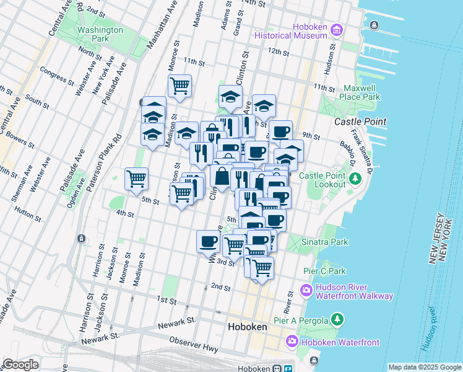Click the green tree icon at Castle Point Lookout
[x=355, y=180]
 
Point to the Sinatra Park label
[x=325, y=242]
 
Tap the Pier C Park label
[x=324, y=271]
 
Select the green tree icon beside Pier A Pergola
[x=337, y=319]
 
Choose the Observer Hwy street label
[x=195, y=342]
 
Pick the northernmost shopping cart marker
[x=180, y=86]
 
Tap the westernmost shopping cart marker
[x=136, y=179]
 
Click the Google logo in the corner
[x=21, y=365]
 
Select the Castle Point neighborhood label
[x=360, y=122]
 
